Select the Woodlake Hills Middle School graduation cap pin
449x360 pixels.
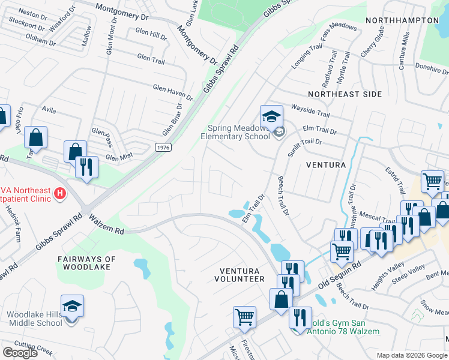pyautogui.click(x=72, y=307)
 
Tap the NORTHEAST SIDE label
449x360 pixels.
pyautogui.click(x=345, y=94)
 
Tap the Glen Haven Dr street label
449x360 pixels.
pyautogui.click(x=172, y=92)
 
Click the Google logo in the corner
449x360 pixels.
pyautogui.click(x=20, y=352)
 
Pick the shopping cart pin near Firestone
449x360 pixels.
pyautogui.click(x=244, y=317)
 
